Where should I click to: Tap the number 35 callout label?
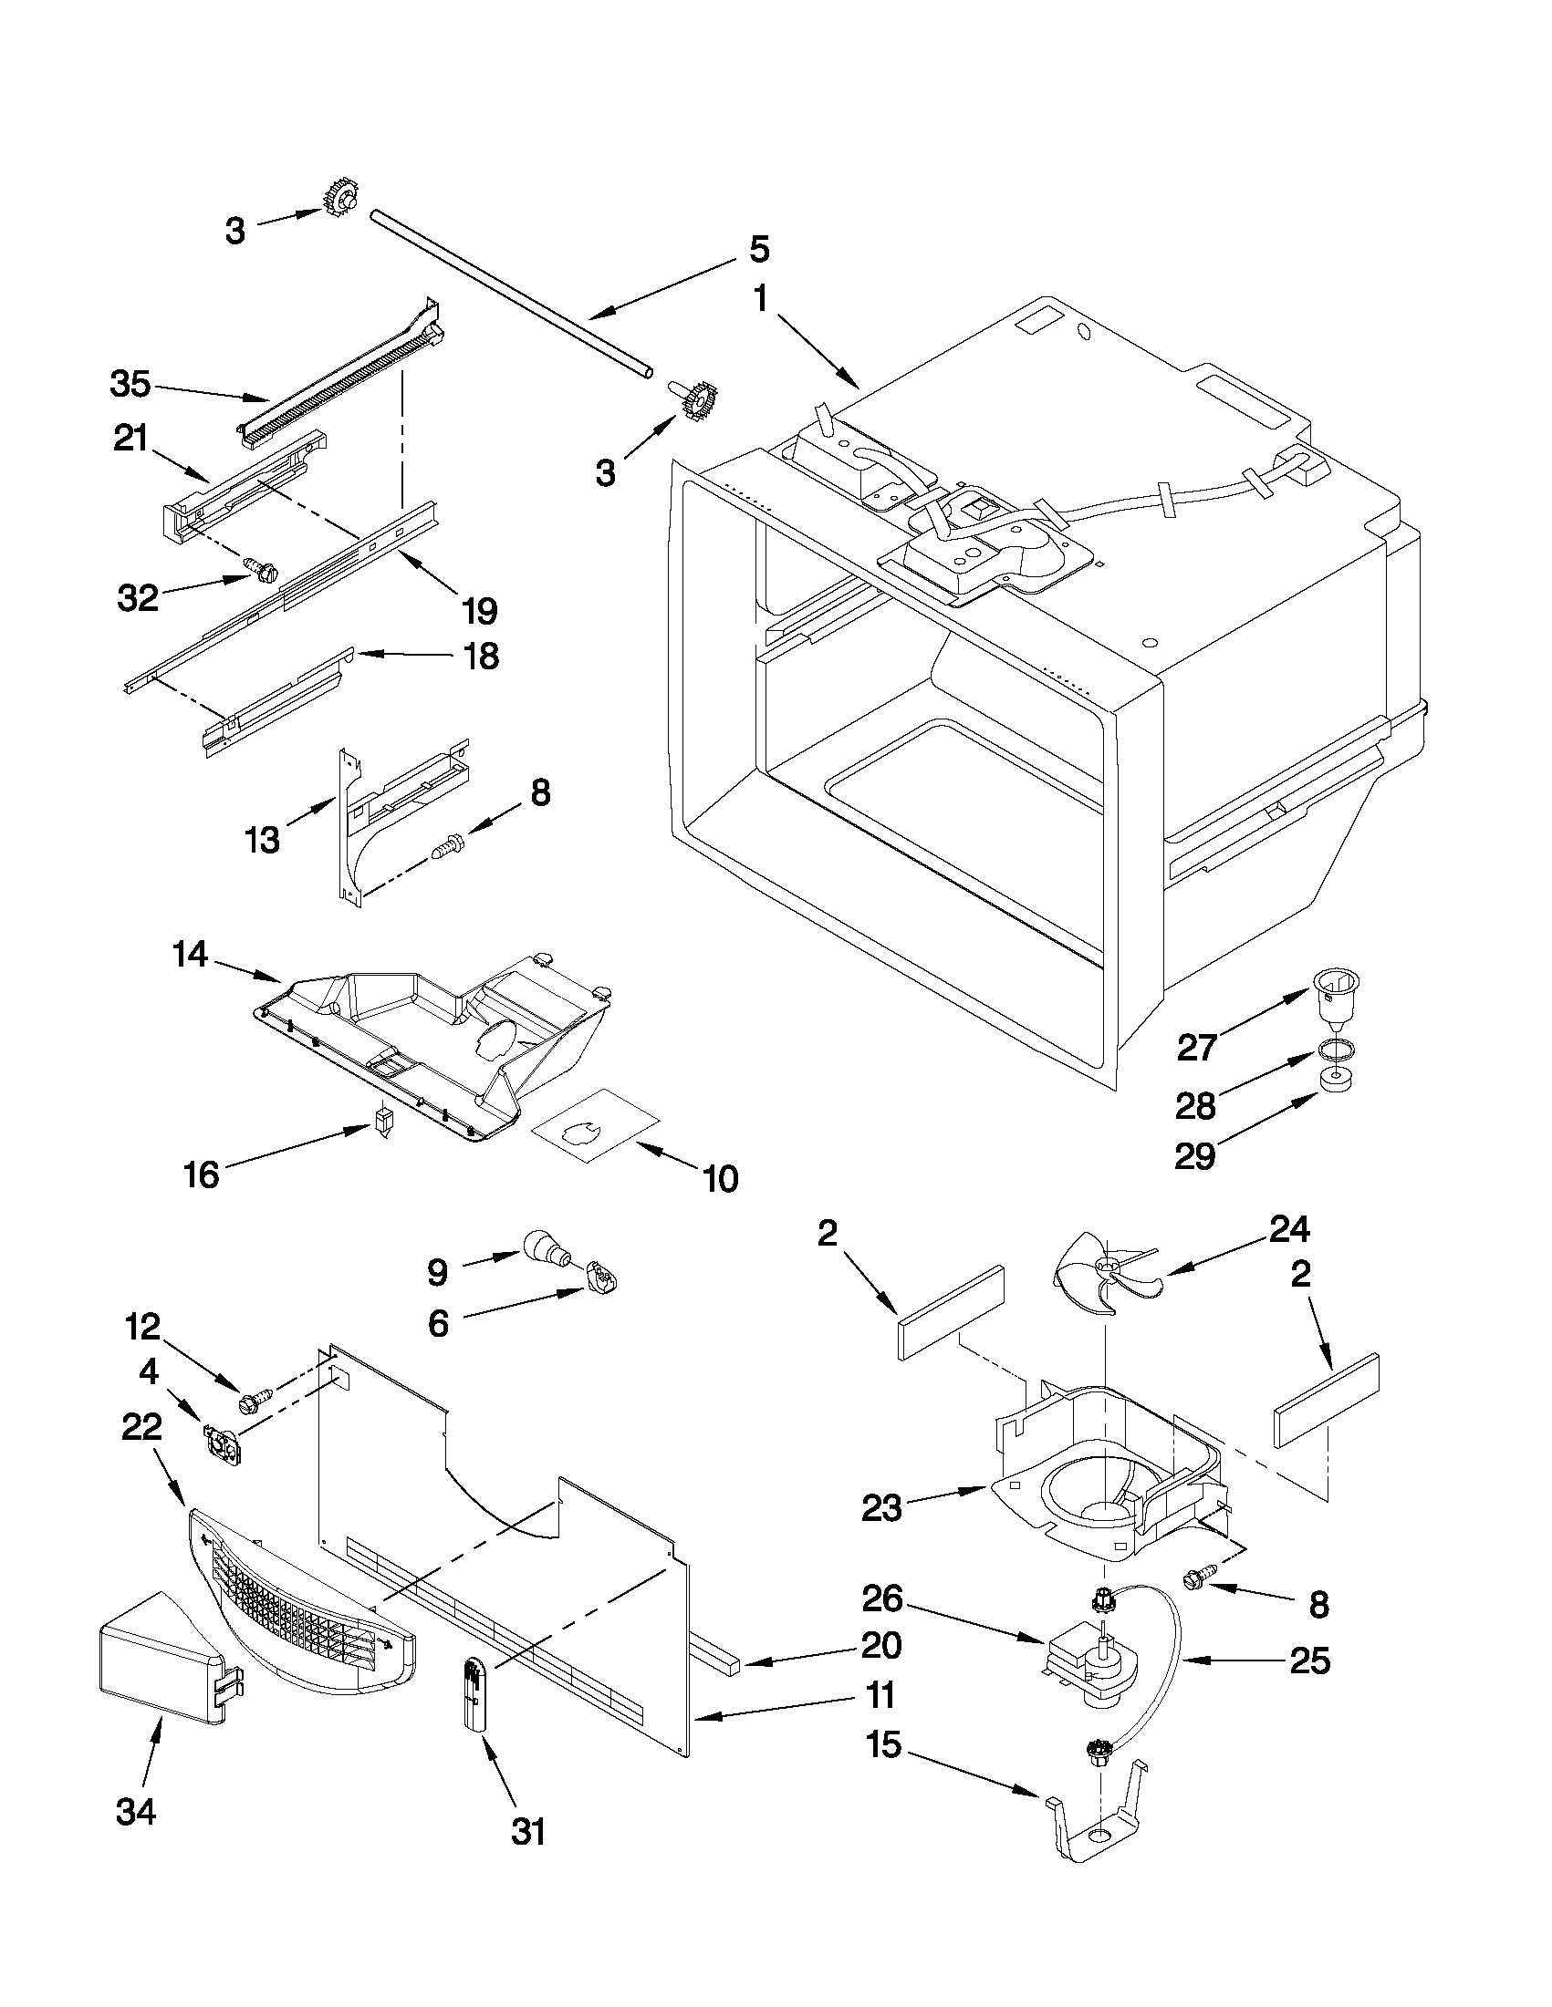click(x=130, y=384)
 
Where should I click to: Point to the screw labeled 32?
click(x=257, y=570)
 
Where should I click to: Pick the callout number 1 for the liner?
click(x=761, y=301)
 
